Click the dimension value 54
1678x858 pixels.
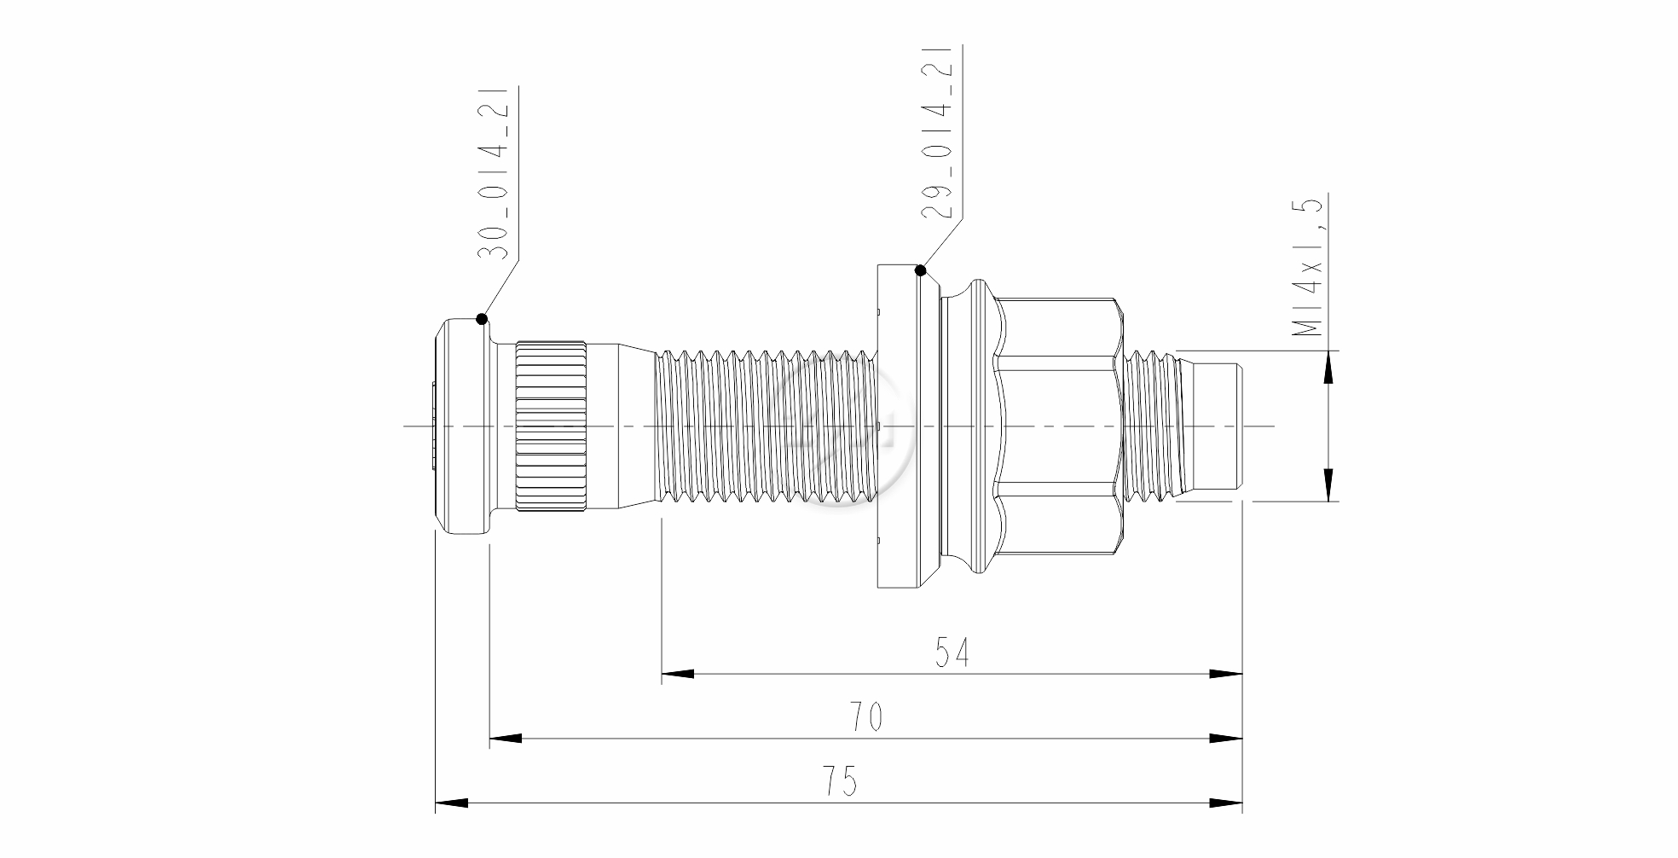coord(952,652)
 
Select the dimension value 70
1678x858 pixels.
coord(865,717)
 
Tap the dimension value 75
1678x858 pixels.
coord(840,781)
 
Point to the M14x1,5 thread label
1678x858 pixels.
coord(1306,267)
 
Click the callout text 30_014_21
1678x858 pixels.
coord(493,172)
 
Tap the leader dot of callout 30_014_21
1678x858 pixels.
coord(482,319)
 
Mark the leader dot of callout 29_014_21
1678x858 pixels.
coord(920,271)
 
